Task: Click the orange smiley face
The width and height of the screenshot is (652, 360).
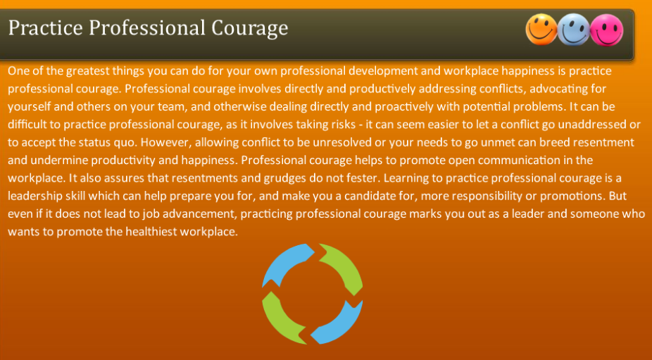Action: [x=541, y=30]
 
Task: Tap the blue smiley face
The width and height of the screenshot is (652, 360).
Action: [x=574, y=30]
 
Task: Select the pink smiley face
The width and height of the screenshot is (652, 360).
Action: [x=606, y=31]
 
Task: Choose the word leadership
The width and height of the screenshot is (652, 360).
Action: [x=36, y=195]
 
